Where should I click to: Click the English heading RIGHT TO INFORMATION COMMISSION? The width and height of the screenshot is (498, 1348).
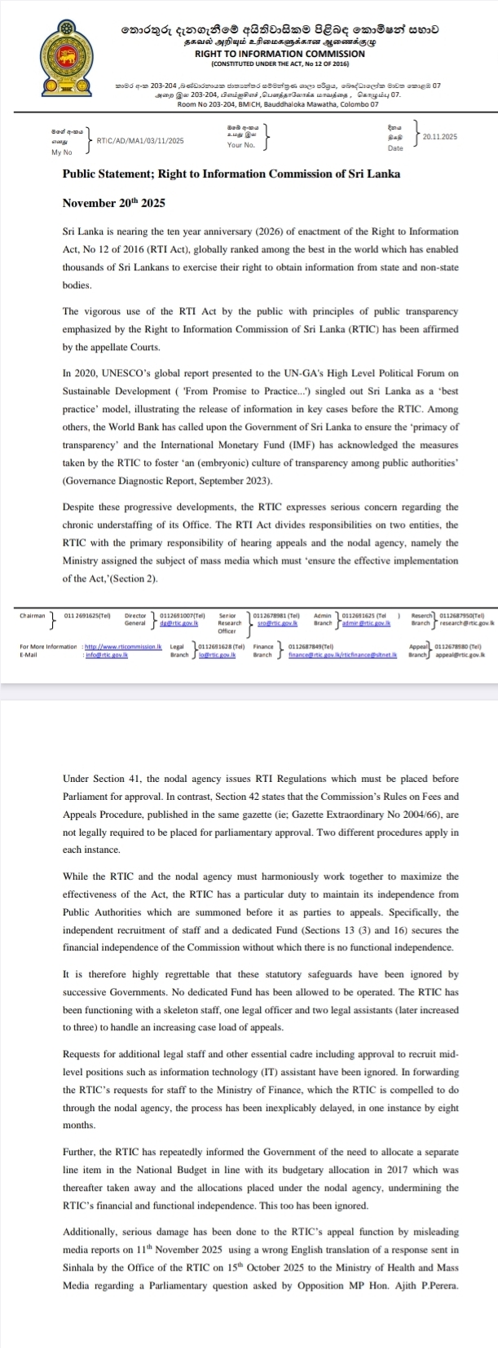coord(279,53)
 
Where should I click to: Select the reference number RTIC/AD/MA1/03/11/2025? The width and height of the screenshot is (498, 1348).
coord(140,141)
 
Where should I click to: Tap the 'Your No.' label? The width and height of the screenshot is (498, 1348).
coord(241,145)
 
